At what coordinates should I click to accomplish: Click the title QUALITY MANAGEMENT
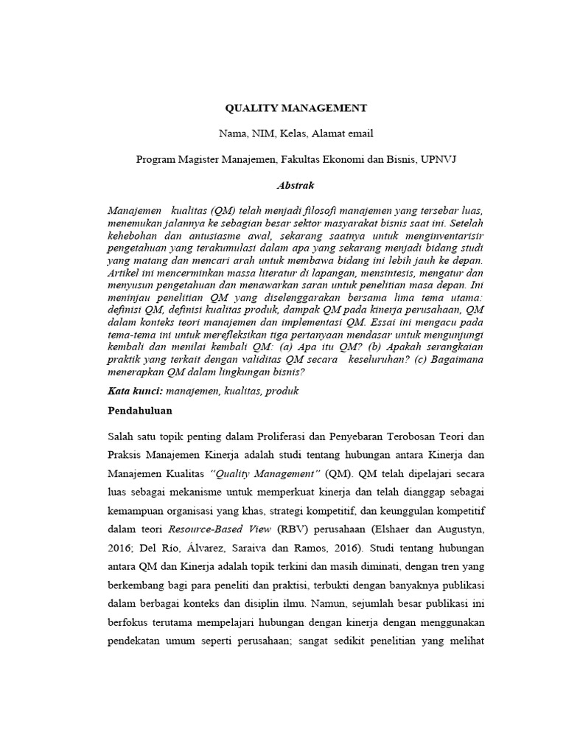(x=296, y=108)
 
